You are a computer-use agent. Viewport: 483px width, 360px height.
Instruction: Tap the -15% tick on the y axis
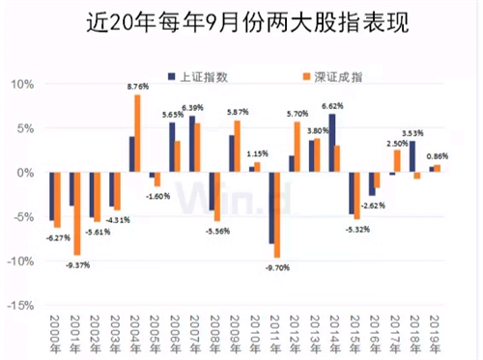tap(21, 304)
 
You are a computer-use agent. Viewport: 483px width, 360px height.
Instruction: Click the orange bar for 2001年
tap(77, 213)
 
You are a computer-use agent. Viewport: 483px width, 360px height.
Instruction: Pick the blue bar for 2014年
tap(332, 143)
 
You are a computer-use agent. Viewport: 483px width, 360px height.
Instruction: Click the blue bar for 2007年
tap(192, 144)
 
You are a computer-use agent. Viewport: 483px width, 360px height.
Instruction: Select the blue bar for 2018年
tap(412, 156)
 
